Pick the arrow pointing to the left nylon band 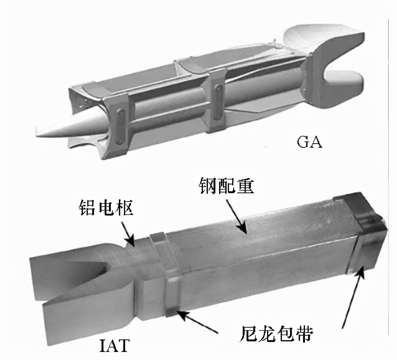point(198,322)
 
